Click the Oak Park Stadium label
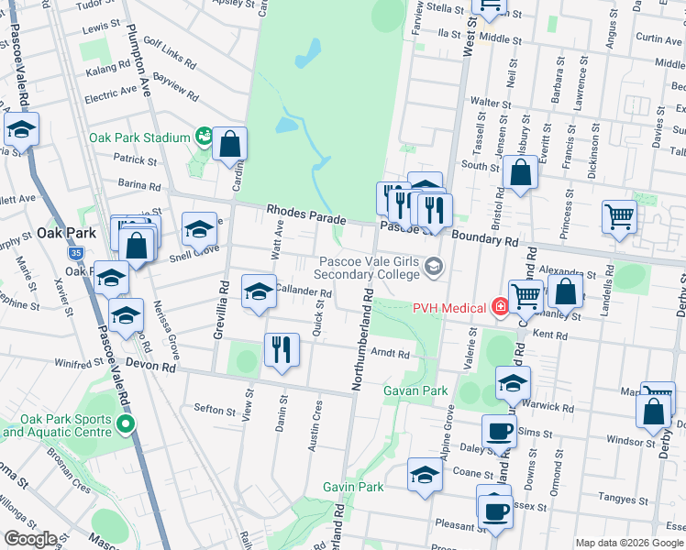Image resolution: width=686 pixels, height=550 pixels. pos(139,138)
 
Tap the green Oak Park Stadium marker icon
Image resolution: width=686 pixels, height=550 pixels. pos(203,137)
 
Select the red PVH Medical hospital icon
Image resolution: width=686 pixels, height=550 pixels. pos(500,307)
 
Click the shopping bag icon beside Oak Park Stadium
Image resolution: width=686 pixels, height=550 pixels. pos(229,143)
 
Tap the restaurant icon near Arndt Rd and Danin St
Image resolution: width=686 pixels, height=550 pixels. pos(281,349)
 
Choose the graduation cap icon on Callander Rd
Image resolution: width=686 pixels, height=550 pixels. pos(259,291)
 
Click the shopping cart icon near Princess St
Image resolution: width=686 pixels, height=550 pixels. pos(620,217)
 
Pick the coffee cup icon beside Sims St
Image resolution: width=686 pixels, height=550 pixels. pos(499,430)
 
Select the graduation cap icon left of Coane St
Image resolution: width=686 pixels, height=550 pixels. pos(425,475)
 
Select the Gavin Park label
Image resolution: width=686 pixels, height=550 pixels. pos(353,487)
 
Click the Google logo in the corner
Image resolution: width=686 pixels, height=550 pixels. pos(31,539)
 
